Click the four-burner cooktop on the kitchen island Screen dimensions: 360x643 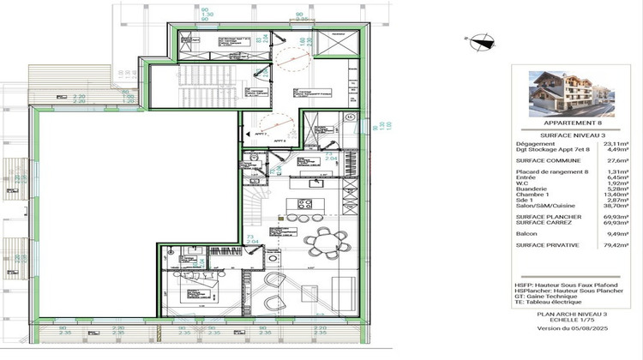[x=303, y=203]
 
